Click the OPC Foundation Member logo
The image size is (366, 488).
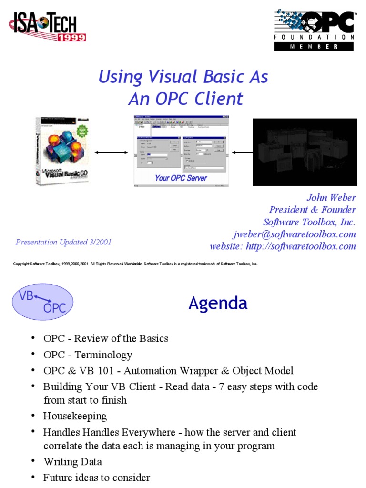pyautogui.click(x=314, y=29)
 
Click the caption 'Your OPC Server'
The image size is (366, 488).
pyautogui.click(x=181, y=178)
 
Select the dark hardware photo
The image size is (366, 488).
pyautogui.click(x=305, y=152)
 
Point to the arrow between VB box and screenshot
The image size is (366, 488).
pyautogui.click(x=111, y=152)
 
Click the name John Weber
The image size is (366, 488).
pyautogui.click(x=331, y=197)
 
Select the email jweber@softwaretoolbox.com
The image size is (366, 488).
pyautogui.click(x=294, y=234)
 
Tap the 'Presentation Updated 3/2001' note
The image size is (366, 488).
pyautogui.click(x=63, y=242)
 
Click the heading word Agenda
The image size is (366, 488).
pyautogui.click(x=218, y=303)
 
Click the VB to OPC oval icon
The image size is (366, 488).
pyautogui.click(x=42, y=301)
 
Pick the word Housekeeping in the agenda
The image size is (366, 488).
pyautogui.click(x=75, y=416)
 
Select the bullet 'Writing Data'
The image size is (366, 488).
pyautogui.click(x=72, y=462)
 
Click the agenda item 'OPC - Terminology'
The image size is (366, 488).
pyautogui.click(x=88, y=355)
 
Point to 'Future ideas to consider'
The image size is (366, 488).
pyautogui.click(x=96, y=478)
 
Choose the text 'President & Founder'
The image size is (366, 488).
pyautogui.click(x=312, y=210)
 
